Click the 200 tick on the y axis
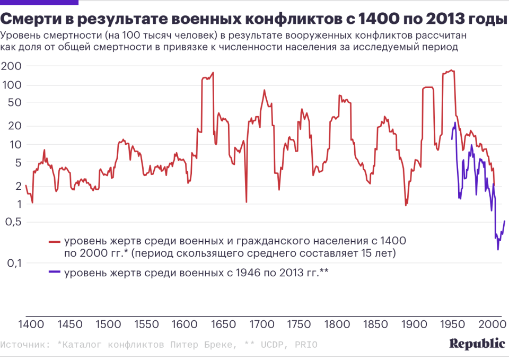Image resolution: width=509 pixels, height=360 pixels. pyautogui.click(x=12, y=66)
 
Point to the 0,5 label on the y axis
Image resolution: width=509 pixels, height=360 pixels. pyautogui.click(x=11, y=222)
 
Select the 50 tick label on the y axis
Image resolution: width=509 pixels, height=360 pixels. pyautogui.click(x=14, y=102)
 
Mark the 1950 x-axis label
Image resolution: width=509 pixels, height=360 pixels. pyautogui.click(x=454, y=324)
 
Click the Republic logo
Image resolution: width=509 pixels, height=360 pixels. pyautogui.click(x=477, y=344)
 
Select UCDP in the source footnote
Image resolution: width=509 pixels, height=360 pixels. pyautogui.click(x=271, y=345)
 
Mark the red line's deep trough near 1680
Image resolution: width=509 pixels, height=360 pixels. pyautogui.click(x=247, y=202)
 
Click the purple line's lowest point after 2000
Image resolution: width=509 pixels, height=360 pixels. pyautogui.click(x=498, y=250)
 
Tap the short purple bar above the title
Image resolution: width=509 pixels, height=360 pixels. pyautogui.click(x=39, y=3)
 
